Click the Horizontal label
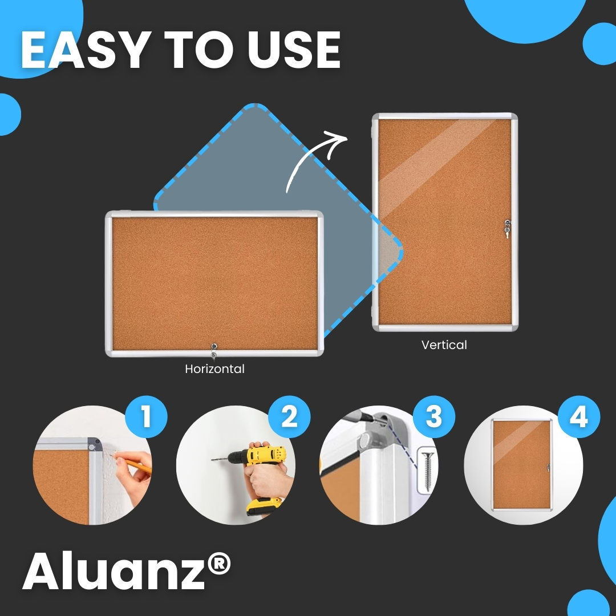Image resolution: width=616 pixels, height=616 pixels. tap(215, 369)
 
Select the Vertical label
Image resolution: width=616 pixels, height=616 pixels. tap(444, 345)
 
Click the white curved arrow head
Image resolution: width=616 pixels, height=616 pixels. tap(337, 141)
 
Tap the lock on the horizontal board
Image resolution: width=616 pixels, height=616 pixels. tap(214, 350)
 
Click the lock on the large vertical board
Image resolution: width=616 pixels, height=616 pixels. tap(508, 229)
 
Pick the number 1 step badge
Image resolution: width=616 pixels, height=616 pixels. tap(146, 416)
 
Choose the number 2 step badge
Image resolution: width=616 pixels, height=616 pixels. tap(289, 416)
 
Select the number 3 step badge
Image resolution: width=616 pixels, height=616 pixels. tap(434, 416)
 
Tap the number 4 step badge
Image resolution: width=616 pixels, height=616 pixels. tap(579, 416)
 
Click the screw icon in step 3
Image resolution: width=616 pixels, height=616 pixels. tap(427, 471)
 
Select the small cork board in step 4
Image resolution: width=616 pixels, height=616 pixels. tap(522, 465)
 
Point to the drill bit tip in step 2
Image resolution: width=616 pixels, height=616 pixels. tap(212, 459)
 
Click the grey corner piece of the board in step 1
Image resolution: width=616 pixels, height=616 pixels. tap(94, 444)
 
